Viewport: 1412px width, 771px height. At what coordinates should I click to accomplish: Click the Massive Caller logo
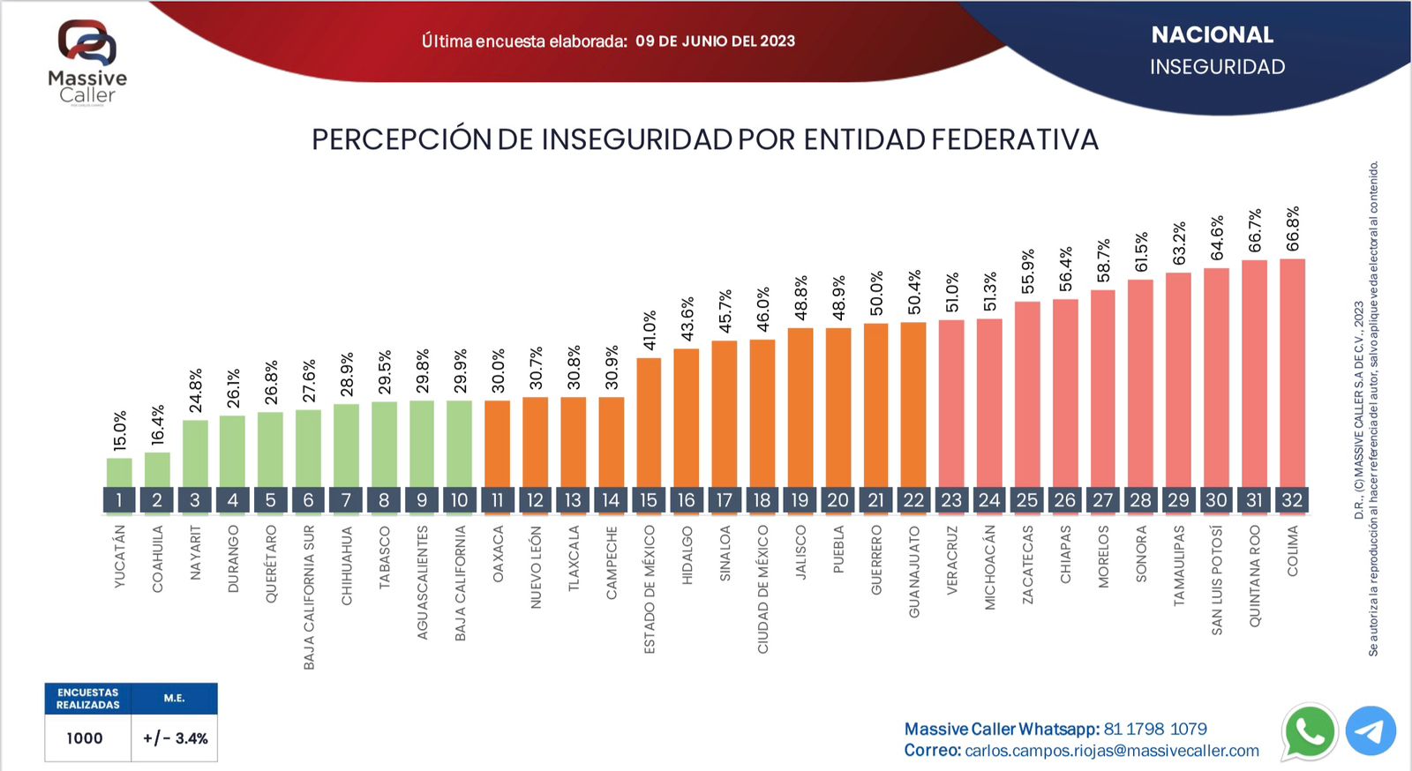click(87, 62)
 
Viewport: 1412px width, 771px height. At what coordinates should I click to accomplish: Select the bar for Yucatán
click(119, 473)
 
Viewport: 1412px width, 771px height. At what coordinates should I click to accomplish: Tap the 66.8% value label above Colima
click(1293, 229)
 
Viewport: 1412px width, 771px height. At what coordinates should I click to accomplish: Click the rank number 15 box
click(649, 500)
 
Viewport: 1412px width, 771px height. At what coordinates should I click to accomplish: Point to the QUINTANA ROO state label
click(1255, 576)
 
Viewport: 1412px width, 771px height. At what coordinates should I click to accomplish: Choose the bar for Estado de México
click(649, 422)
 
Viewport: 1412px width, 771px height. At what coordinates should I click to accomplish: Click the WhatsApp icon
click(1310, 731)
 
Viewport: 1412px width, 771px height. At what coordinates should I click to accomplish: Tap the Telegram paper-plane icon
click(1371, 731)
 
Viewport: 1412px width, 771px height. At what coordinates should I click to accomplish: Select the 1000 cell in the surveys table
click(85, 738)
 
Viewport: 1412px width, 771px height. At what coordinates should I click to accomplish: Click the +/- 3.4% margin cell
click(175, 738)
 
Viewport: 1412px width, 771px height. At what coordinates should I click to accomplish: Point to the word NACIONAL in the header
click(1213, 35)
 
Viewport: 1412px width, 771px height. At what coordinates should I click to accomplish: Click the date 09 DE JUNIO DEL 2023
click(715, 41)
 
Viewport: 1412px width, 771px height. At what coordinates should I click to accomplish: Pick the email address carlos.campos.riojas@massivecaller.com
click(1112, 751)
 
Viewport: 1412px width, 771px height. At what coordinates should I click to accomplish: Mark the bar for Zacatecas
click(1027, 394)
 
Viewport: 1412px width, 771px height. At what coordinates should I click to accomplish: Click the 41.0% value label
click(650, 331)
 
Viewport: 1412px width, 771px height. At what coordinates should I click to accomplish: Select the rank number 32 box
click(1292, 500)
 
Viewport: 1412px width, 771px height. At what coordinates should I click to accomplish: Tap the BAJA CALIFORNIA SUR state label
click(309, 597)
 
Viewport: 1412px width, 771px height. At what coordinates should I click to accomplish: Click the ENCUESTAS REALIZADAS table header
click(88, 699)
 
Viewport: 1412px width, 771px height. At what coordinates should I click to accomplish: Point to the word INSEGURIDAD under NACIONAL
click(1217, 67)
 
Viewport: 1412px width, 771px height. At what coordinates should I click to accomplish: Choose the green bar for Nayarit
click(195, 453)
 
